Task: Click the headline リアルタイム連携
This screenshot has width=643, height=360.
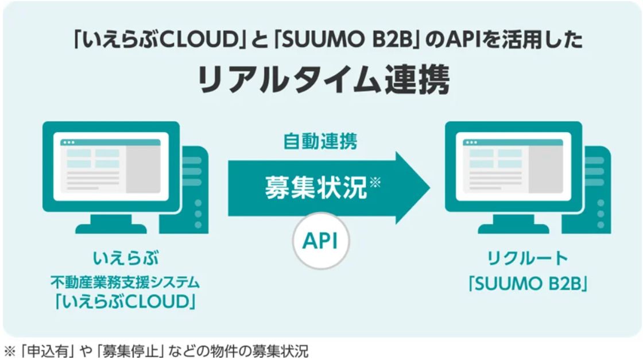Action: click(x=324, y=80)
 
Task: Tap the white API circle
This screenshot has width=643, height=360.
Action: click(x=321, y=241)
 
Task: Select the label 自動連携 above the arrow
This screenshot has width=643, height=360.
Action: click(x=320, y=141)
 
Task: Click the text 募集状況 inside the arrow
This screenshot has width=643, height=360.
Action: click(x=316, y=188)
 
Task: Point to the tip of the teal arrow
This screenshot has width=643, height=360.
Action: click(x=430, y=188)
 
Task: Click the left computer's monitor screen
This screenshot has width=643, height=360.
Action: click(x=111, y=167)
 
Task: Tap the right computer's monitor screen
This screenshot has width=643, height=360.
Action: click(x=513, y=167)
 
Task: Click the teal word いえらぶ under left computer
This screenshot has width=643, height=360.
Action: click(x=126, y=258)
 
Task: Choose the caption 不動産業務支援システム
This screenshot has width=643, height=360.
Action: click(x=125, y=282)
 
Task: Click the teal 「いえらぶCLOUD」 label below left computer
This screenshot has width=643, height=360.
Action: click(x=125, y=302)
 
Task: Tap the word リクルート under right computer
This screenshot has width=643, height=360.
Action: click(x=528, y=258)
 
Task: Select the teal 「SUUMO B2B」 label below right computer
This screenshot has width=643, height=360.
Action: click(x=528, y=283)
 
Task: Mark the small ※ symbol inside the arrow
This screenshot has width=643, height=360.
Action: click(x=375, y=181)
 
